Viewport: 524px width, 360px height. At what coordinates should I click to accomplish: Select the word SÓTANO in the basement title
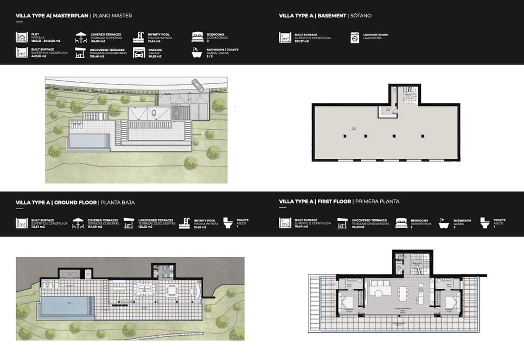click(361, 16)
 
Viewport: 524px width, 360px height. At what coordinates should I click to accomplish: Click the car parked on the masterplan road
click(197, 84)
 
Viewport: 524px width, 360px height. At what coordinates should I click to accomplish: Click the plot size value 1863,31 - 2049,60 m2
click(45, 41)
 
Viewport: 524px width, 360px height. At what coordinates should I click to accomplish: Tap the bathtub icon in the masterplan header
click(197, 53)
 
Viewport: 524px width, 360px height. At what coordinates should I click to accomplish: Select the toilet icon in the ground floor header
click(228, 223)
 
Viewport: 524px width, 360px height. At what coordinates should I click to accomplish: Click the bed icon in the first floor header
click(401, 223)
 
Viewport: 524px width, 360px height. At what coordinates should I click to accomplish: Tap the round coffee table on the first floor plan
click(378, 290)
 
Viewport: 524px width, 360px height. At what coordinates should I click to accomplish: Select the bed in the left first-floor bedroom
click(348, 301)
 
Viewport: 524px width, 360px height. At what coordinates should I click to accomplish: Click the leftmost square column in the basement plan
click(345, 136)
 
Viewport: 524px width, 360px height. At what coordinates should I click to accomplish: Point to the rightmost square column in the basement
click(423, 136)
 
